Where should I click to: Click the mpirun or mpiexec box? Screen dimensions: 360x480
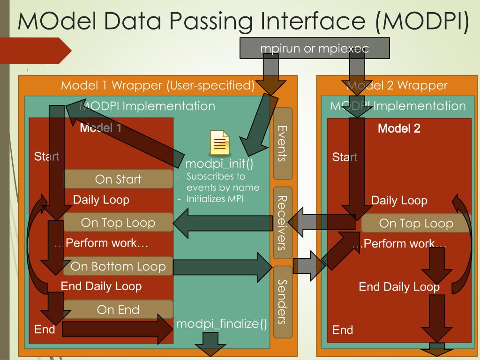pos(315,48)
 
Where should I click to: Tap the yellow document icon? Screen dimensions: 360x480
pos(219,142)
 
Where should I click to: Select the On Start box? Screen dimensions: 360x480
pos(118,179)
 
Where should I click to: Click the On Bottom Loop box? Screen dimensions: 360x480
pos(118,267)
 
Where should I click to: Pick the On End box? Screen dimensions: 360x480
pos(118,310)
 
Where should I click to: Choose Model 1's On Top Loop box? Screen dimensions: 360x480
pos(118,223)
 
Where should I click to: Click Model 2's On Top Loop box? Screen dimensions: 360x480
pos(416,224)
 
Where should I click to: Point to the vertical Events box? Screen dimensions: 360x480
pos(282,143)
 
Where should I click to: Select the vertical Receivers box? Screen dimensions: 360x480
pos(282,223)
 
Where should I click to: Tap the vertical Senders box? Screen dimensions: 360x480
pos(282,302)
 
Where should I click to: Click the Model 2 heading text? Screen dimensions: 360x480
pos(399,128)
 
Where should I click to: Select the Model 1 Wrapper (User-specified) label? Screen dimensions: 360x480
pos(157,86)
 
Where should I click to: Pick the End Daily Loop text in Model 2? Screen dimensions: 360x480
pos(399,287)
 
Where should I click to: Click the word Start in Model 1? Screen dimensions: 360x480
pos(47,157)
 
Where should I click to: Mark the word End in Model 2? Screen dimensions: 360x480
pos(342,330)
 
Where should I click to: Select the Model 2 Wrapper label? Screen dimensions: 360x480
pos(397,86)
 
